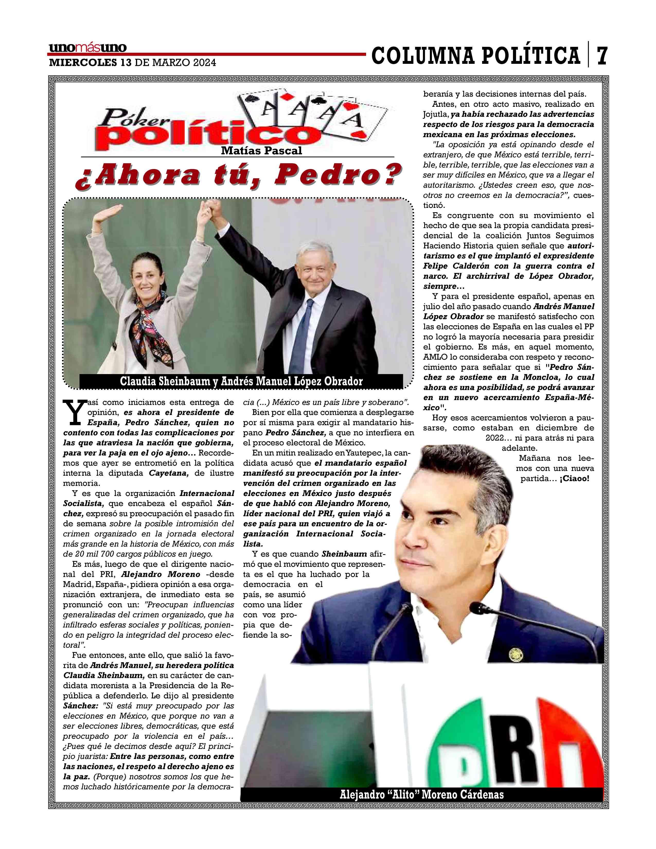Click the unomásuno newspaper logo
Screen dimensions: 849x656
point(88,48)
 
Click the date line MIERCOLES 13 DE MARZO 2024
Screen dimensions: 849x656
point(132,62)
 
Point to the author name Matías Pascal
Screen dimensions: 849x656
point(261,151)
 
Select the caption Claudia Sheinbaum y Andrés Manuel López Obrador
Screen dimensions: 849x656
point(241,381)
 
